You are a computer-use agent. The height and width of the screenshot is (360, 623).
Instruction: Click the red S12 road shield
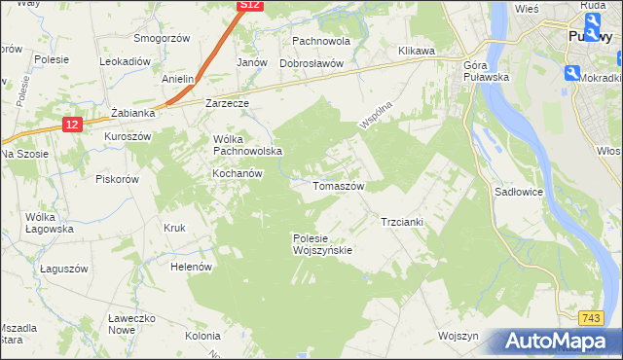coord(250,6)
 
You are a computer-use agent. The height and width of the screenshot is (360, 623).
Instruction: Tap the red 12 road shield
coord(73,124)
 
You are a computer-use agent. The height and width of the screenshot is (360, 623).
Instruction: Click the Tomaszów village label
coord(338,186)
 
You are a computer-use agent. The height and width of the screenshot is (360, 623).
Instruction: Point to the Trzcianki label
coord(401,222)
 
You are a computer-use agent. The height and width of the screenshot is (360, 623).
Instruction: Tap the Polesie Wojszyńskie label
coord(321,243)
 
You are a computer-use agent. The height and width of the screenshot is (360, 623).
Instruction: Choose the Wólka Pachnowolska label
coord(247,145)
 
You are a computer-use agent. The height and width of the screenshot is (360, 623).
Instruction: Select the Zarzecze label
coord(228,102)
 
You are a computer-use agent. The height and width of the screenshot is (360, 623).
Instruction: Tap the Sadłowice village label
coord(518,193)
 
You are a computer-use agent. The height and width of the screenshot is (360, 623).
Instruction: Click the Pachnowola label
coord(321,42)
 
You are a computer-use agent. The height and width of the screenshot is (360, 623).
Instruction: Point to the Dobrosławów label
coord(312,63)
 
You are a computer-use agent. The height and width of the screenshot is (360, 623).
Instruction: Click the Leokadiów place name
coord(125,60)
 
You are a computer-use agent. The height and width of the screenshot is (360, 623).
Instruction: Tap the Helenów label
coord(191,267)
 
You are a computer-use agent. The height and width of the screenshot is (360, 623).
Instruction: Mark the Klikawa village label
coord(416,51)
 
